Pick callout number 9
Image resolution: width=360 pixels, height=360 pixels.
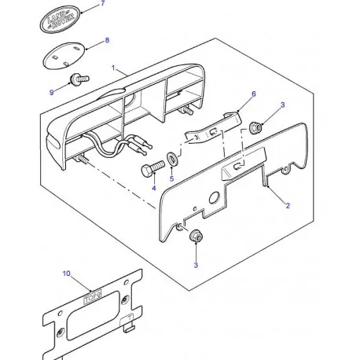point(52,93)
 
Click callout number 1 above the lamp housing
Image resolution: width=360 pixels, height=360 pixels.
point(115,68)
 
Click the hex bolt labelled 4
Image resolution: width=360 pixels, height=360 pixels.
point(151,169)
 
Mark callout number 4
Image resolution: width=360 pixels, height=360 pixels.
point(154,188)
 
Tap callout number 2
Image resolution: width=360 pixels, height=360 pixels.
point(288,205)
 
